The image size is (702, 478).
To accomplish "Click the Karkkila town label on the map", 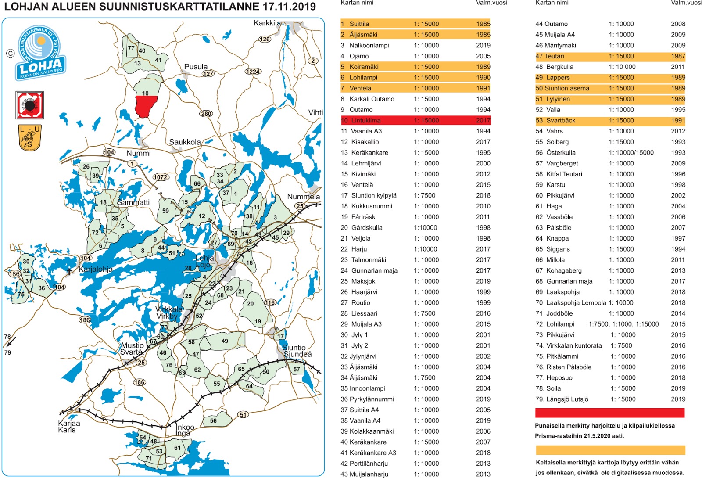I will (x=267, y=23).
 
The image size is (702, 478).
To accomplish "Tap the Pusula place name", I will (x=196, y=67).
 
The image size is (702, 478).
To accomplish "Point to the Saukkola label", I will (x=185, y=142).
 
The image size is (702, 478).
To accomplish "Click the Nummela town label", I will (x=303, y=197).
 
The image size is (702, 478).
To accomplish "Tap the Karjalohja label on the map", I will (x=96, y=269).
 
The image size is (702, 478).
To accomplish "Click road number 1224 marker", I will (x=253, y=72).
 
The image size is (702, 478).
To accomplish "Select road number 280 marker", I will (x=206, y=114).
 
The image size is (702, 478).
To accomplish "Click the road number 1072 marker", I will (x=161, y=177).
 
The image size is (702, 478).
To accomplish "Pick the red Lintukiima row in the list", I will (x=415, y=120).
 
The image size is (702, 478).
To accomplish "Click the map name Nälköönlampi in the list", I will (x=369, y=45).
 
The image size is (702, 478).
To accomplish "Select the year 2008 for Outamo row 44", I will (x=678, y=24).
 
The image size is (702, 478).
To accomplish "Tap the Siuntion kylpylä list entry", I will (x=373, y=195).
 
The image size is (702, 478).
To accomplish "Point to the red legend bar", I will (x=609, y=413).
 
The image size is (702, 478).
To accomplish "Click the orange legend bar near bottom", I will (x=610, y=450).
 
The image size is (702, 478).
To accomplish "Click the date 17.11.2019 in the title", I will (x=289, y=7).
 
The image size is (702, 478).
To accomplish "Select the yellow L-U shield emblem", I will (x=30, y=138).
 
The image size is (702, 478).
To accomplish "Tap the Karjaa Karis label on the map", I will (x=69, y=427).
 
